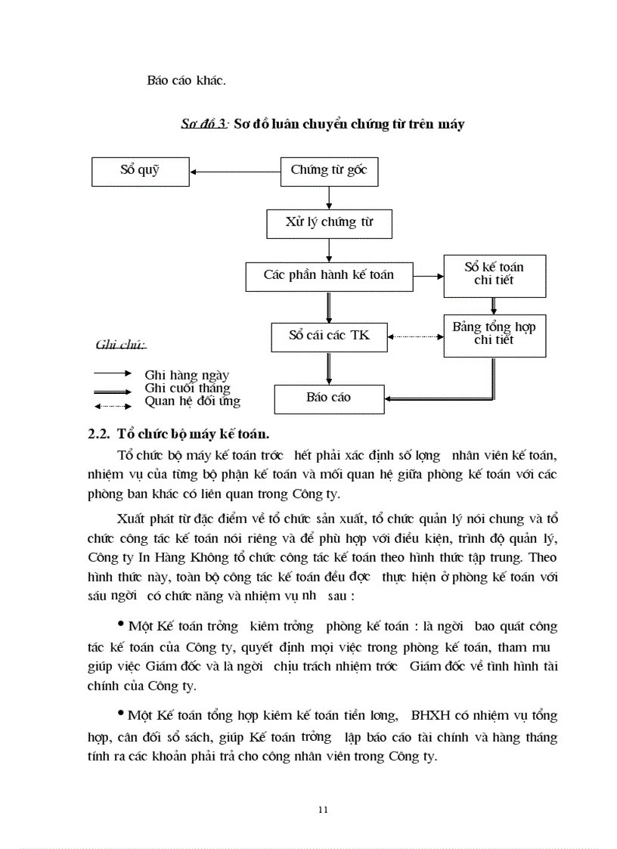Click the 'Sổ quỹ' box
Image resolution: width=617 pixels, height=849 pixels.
click(140, 171)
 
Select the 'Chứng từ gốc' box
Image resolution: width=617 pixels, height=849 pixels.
click(329, 171)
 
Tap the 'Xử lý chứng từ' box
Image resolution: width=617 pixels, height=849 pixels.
click(329, 223)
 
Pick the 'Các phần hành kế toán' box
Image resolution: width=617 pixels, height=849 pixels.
click(329, 275)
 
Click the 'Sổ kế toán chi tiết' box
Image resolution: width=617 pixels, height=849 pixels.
click(493, 274)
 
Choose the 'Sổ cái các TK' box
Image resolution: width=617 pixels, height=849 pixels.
click(329, 335)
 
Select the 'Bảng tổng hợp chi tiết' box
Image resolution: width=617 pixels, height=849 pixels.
click(493, 334)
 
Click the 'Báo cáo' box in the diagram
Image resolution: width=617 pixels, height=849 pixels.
click(329, 398)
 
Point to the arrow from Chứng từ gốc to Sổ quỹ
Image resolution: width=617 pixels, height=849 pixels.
click(234, 172)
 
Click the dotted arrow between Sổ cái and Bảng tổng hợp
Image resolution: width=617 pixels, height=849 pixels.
click(415, 336)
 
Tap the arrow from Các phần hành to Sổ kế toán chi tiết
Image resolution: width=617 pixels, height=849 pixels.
click(428, 276)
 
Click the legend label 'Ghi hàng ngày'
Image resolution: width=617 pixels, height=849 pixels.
click(187, 374)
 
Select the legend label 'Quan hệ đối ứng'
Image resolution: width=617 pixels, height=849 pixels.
click(192, 401)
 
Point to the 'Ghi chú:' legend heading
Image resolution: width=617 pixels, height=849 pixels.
click(120, 345)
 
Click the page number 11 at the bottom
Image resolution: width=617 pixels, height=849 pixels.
click(324, 810)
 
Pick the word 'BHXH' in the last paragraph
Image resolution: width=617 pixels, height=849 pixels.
click(429, 715)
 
